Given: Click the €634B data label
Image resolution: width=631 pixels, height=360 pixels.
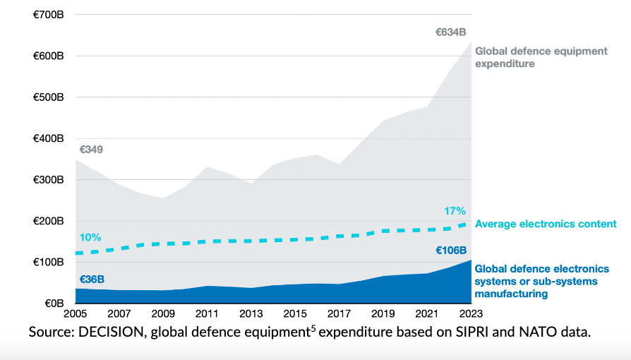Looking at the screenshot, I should pos(451,32).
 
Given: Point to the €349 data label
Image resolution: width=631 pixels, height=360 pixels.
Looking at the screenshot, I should pos(91,150).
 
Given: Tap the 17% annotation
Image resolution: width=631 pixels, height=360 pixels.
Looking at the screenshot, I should pos(455,210).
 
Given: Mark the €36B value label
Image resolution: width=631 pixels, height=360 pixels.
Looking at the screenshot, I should pos(90,279).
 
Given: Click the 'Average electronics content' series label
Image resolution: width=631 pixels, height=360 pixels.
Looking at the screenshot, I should pos(546,224).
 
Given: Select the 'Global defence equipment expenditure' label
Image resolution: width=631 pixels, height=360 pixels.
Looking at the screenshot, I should pos(541,57).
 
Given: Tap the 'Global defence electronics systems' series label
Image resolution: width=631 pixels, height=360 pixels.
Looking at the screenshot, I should pos(541,281).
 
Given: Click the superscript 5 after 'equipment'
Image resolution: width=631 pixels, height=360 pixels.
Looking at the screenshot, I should pos(313,327).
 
